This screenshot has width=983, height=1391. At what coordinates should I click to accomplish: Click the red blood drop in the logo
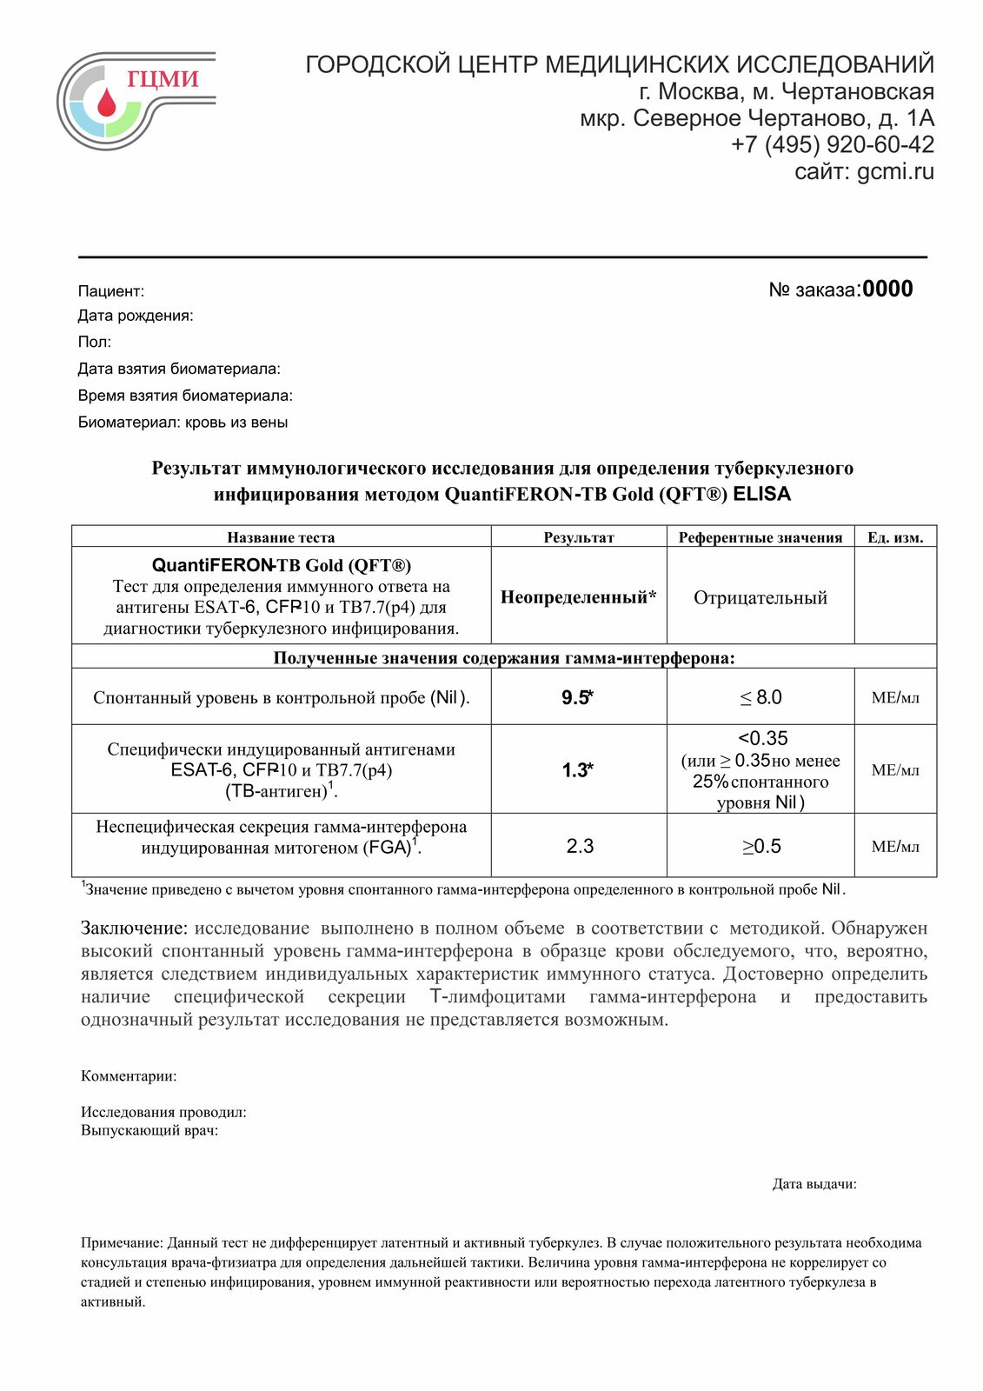point(106,103)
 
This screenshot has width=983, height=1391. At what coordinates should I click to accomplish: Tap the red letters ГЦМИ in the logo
point(163,79)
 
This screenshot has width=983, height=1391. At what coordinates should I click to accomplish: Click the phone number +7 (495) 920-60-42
point(832,144)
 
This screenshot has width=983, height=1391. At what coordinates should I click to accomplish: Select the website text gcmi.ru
point(895,171)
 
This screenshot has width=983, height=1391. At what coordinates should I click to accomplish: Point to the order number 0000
point(887,290)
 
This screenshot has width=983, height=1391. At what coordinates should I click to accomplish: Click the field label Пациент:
point(111,291)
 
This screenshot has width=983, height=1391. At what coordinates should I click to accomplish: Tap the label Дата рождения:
point(136,316)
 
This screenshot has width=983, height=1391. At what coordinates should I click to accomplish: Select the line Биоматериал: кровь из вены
point(183,423)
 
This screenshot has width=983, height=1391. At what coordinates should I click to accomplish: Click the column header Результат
point(578,537)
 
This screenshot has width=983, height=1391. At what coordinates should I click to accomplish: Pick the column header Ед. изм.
point(895,537)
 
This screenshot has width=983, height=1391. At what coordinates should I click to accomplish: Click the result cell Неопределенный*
point(578,597)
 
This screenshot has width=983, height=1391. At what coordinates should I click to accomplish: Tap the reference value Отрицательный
point(760,597)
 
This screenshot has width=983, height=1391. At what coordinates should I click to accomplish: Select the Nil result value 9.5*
point(577,697)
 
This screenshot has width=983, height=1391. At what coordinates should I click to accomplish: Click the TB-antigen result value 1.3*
point(577,769)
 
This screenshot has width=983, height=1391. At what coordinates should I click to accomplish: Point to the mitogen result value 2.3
point(580,846)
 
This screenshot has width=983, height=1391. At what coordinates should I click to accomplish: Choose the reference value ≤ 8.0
point(760,697)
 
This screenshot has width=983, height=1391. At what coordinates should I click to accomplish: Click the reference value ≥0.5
point(760,846)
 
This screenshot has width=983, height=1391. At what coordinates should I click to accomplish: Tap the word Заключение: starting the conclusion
point(134,928)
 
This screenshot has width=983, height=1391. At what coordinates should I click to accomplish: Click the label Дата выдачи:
point(814,1184)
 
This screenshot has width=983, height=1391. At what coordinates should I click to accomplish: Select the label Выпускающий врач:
point(149,1131)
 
